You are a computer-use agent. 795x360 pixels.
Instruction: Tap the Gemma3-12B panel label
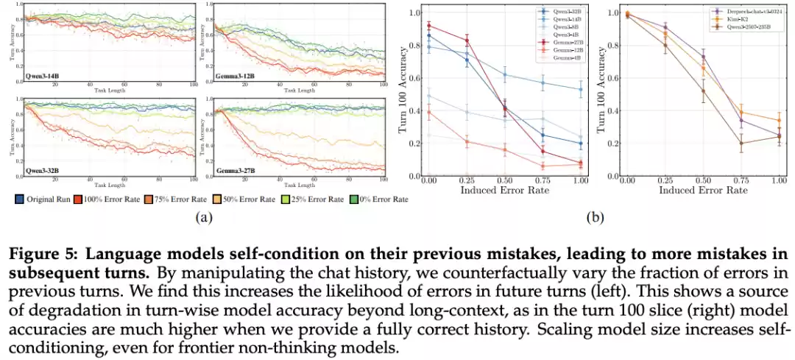[230, 75]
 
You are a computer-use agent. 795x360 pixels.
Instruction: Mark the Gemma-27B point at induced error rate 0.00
[428, 26]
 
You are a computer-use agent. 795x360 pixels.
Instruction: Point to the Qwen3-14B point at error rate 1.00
[580, 89]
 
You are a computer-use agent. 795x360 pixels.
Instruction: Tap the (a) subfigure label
[201, 218]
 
